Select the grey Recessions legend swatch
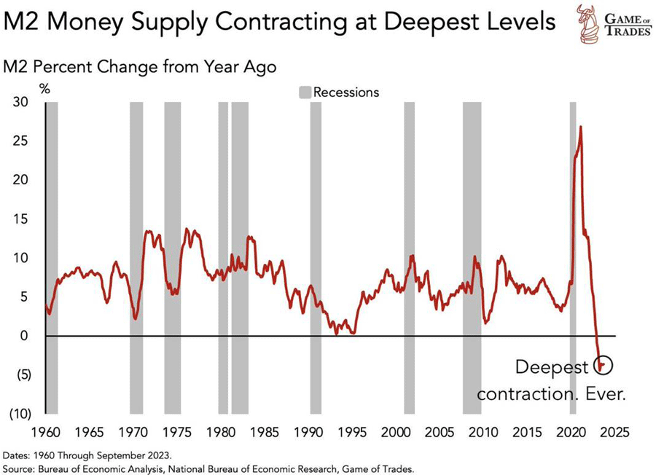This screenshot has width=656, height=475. point(305,93)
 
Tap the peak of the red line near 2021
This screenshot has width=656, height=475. point(580,127)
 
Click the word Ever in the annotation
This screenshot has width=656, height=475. point(611,394)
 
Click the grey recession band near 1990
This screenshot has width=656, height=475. point(316,255)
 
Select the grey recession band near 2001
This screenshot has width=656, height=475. point(409,255)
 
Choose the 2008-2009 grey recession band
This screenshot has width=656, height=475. point(472,255)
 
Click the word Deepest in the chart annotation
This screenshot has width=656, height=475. point(550,366)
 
